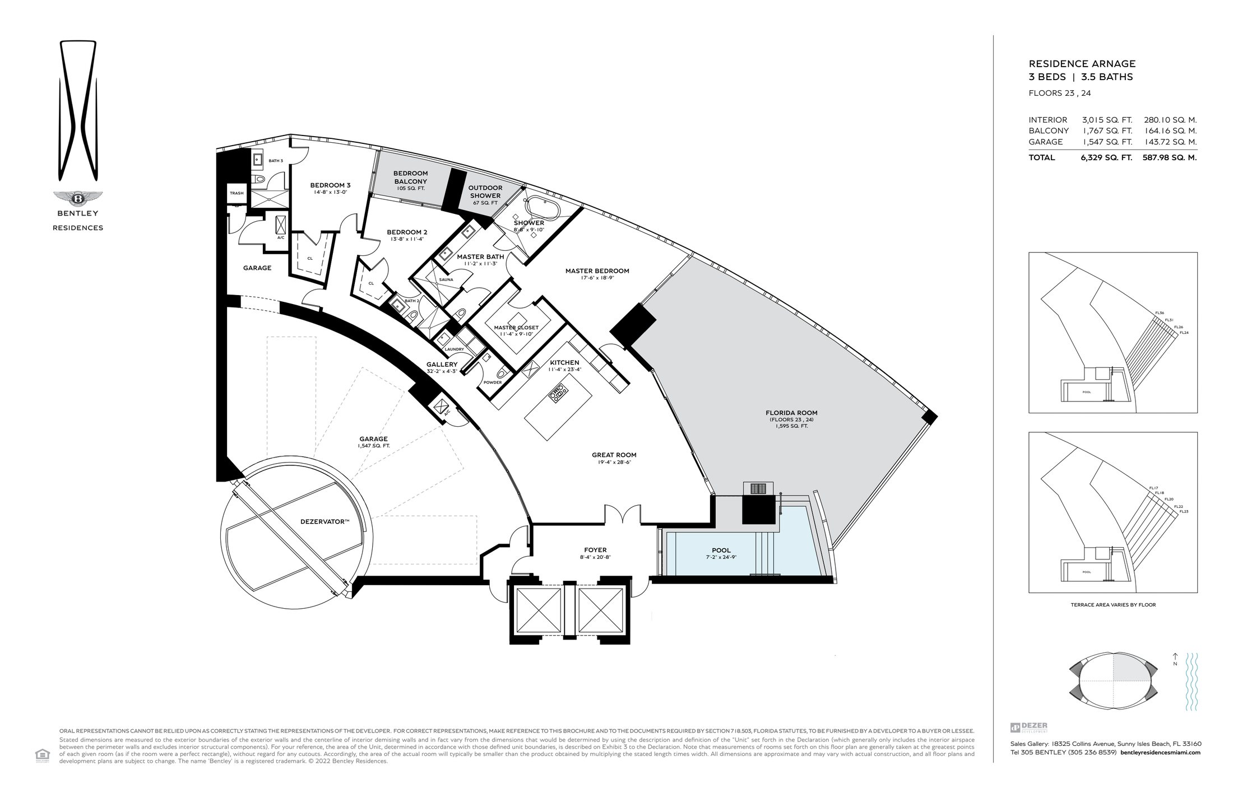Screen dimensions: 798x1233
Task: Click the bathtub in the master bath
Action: tap(541, 209)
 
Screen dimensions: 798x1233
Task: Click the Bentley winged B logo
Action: tap(77, 198)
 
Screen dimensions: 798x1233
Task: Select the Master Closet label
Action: tap(516, 328)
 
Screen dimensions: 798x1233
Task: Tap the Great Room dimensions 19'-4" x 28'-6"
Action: tap(614, 462)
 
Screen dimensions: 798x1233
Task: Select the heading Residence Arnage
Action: tap(1082, 64)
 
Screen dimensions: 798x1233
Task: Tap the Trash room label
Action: tap(237, 193)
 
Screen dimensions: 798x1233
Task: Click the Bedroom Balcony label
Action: tap(410, 178)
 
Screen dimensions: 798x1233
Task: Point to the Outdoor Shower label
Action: tap(485, 192)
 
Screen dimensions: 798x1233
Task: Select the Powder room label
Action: tap(493, 382)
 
